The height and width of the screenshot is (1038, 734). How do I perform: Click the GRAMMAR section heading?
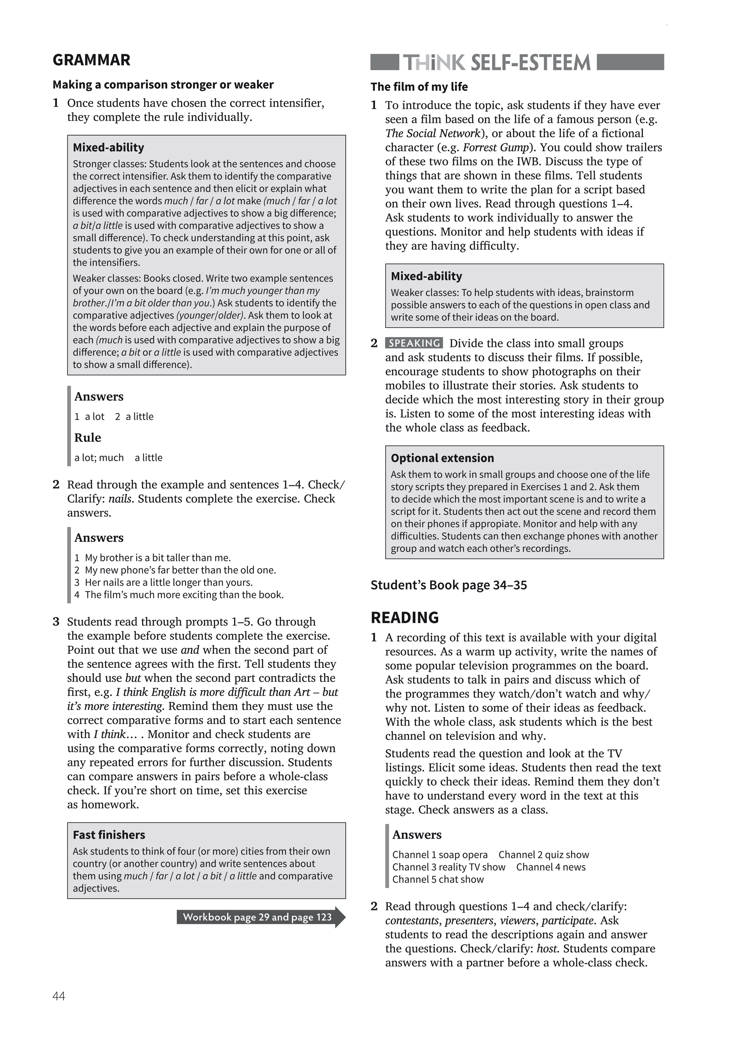(91, 60)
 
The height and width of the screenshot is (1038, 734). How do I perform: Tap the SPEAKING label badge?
(414, 343)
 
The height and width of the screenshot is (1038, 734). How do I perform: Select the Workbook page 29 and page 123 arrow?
(259, 917)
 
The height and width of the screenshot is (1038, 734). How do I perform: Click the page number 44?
(59, 996)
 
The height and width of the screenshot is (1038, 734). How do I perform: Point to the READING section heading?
(405, 618)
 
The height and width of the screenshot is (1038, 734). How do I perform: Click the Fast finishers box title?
(109, 834)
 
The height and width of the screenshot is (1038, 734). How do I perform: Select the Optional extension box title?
(442, 458)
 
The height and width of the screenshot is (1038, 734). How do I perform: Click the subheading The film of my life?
(419, 87)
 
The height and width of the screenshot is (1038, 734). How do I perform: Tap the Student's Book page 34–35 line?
(448, 585)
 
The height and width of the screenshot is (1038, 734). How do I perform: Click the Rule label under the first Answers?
(88, 438)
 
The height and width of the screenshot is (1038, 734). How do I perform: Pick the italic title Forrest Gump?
(495, 147)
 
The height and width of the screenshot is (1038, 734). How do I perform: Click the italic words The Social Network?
(432, 133)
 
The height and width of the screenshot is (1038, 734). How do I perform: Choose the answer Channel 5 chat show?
(438, 879)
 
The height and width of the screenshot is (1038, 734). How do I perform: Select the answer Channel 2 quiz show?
(544, 854)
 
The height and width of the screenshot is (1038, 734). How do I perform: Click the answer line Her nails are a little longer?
(168, 582)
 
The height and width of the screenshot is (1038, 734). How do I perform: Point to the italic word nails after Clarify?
(120, 499)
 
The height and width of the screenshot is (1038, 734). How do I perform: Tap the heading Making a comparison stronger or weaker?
(163, 85)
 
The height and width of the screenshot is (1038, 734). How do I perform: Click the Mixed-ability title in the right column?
(426, 276)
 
